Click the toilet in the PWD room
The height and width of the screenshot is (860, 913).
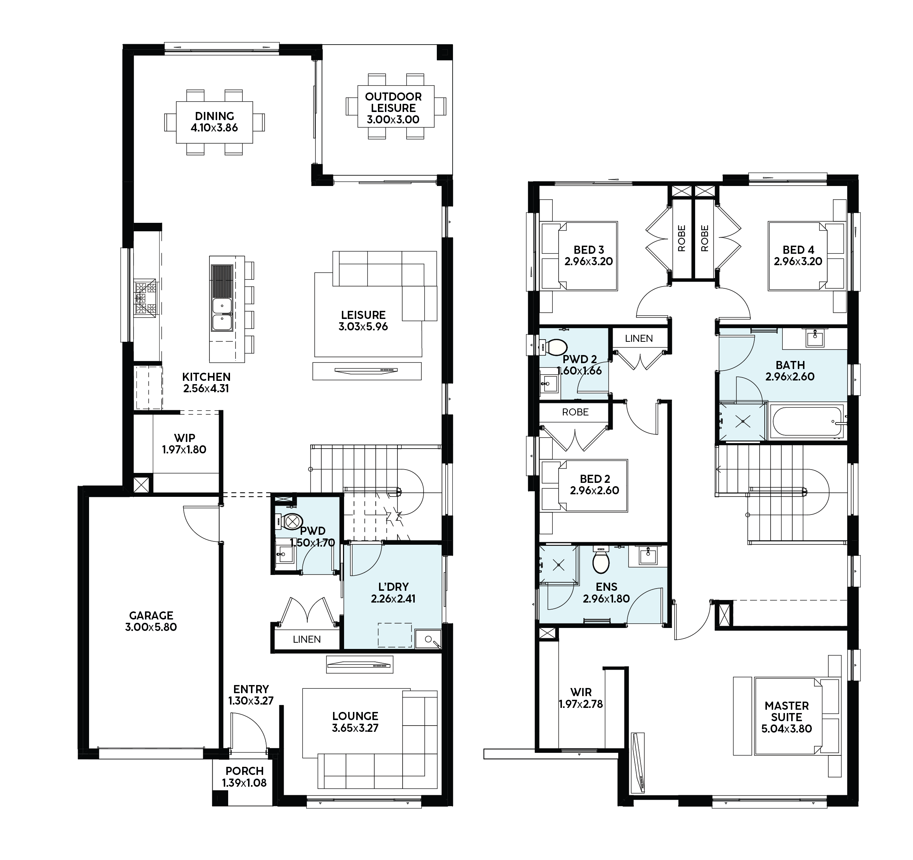pyautogui.click(x=289, y=522)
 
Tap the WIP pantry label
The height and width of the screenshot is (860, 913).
pyautogui.click(x=184, y=438)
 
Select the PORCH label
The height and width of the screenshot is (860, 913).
pyautogui.click(x=244, y=771)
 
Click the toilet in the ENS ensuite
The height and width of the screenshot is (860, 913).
pyautogui.click(x=601, y=560)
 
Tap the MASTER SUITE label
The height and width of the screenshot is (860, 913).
pyautogui.click(x=787, y=712)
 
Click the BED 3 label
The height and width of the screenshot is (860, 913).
pyautogui.click(x=589, y=250)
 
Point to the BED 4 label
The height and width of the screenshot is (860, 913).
pyautogui.click(x=798, y=250)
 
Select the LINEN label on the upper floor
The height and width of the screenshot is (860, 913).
pyautogui.click(x=639, y=338)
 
